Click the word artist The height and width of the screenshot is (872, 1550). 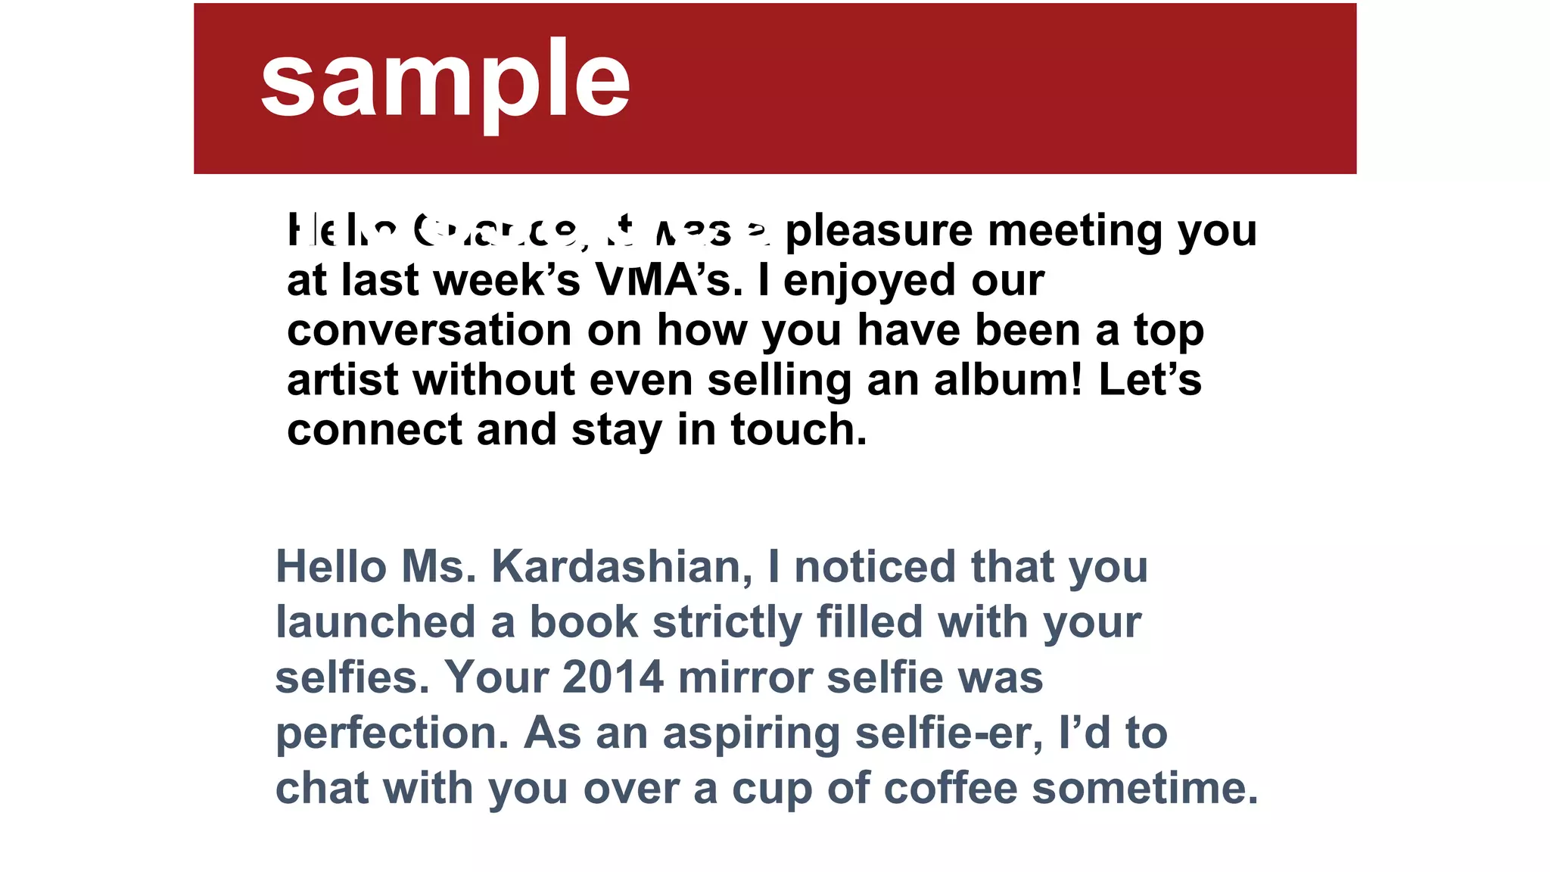click(x=342, y=379)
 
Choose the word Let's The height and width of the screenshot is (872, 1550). click(x=1150, y=379)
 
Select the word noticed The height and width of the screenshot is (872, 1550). click(x=875, y=566)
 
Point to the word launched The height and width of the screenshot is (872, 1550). click(x=375, y=621)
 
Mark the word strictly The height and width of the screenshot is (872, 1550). click(x=727, y=623)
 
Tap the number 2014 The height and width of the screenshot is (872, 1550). click(x=613, y=677)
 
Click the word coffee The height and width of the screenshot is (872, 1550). click(x=951, y=788)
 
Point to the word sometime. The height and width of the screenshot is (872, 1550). click(x=1145, y=788)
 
